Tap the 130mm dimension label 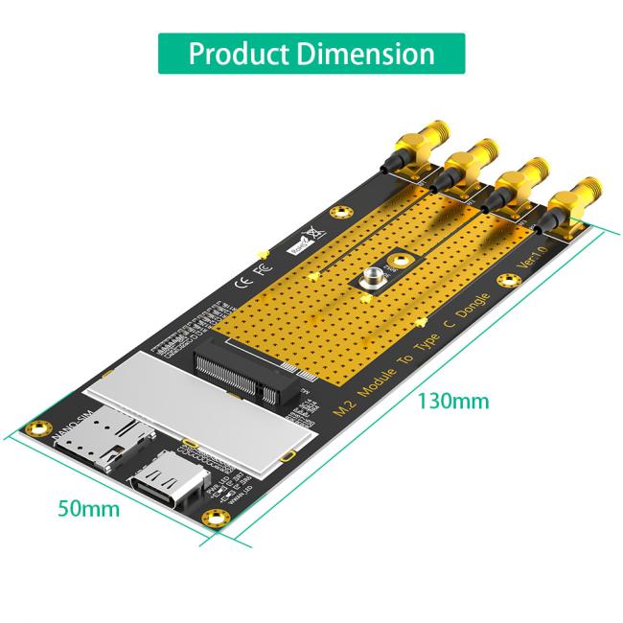(451, 401)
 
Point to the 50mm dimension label (89, 508)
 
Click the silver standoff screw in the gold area (372, 281)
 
